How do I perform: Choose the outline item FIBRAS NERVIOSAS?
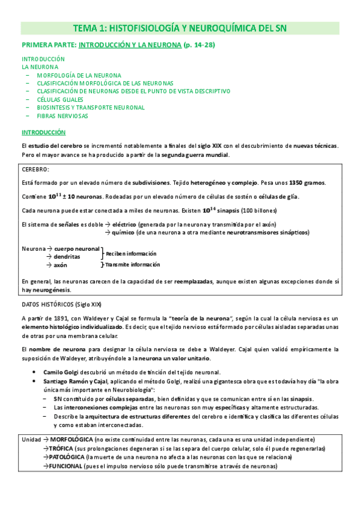63,115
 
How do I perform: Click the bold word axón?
60,264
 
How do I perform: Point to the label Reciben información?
131,254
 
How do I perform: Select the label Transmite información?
133,264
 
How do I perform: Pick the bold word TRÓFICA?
61,449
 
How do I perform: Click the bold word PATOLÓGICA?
67,457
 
